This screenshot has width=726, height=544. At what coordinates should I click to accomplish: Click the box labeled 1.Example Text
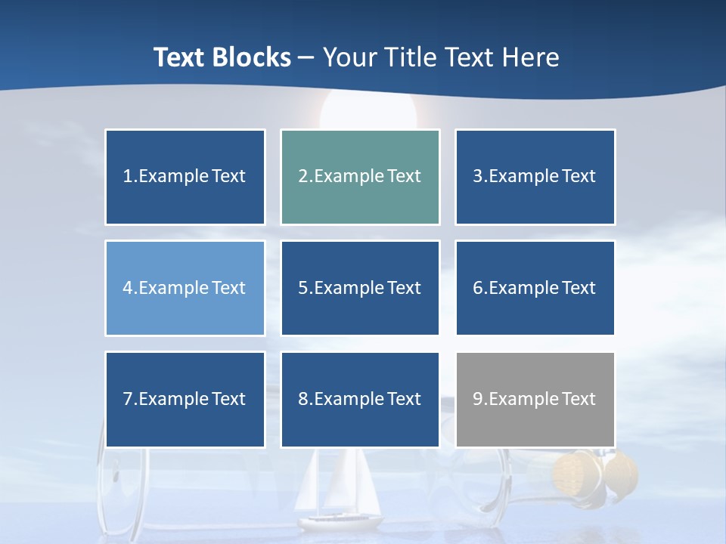click(185, 177)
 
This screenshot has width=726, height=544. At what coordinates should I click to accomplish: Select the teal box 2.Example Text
click(360, 177)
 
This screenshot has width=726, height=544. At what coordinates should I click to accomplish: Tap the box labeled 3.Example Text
click(535, 177)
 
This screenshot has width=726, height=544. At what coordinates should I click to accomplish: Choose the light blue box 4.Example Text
click(185, 288)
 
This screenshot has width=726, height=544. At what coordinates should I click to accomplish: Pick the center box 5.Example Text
click(360, 288)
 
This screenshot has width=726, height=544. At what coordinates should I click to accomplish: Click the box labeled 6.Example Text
click(535, 288)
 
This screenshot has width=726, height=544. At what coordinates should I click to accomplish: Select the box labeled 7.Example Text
click(185, 399)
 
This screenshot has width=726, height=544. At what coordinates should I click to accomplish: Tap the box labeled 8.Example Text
click(360, 399)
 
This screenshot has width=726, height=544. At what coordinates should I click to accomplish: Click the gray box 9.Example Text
click(535, 399)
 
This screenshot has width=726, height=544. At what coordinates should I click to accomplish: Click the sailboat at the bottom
click(338, 491)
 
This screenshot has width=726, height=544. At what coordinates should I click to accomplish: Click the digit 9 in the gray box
click(478, 399)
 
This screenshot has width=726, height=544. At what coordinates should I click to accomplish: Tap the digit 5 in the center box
click(302, 288)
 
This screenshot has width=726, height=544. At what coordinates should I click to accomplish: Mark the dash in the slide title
click(306, 57)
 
